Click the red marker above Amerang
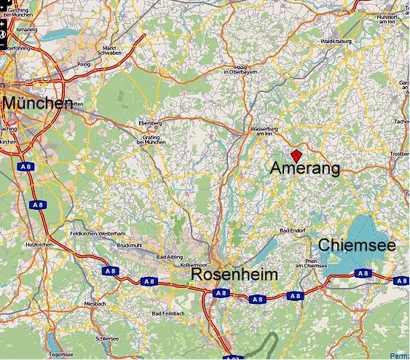tap(296, 154)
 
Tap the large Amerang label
tap(304, 168)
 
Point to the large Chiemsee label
tap(357, 245)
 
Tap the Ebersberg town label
tap(150, 123)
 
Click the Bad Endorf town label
tap(293, 231)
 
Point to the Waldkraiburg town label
tap(336, 42)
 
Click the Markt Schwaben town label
tap(110, 51)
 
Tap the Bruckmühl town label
tap(128, 246)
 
